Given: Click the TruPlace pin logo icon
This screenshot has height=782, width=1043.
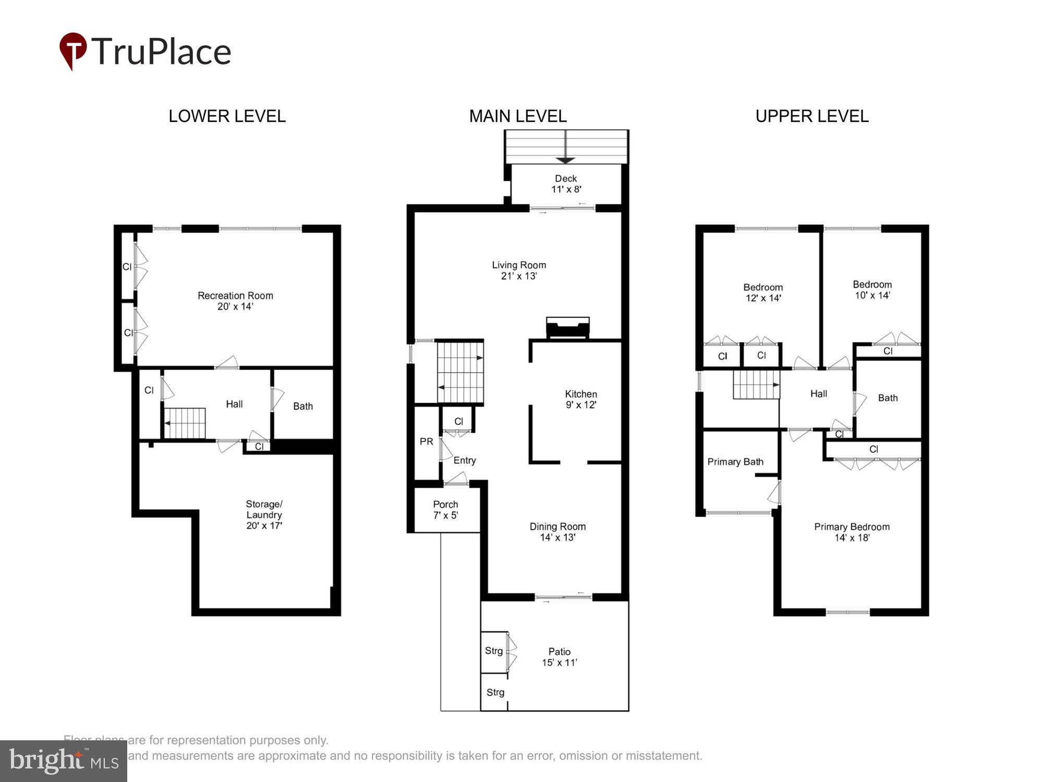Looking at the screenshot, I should pyautogui.click(x=72, y=50).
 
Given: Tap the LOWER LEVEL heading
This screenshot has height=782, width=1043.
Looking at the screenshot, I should pyautogui.click(x=227, y=116).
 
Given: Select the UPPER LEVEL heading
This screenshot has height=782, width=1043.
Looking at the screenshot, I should pyautogui.click(x=811, y=116).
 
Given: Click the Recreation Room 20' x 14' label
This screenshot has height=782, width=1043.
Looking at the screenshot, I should pyautogui.click(x=235, y=301).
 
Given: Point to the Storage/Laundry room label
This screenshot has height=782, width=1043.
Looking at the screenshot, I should pyautogui.click(x=264, y=515).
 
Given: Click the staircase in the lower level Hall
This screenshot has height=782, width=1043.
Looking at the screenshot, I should pyautogui.click(x=185, y=423).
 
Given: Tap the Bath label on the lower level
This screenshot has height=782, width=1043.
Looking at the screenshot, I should pyautogui.click(x=302, y=406).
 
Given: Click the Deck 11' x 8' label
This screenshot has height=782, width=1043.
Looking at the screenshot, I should pyautogui.click(x=566, y=184).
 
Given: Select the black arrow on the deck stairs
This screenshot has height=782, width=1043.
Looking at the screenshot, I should pyautogui.click(x=566, y=160).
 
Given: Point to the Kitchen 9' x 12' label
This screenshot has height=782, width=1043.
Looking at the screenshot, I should pyautogui.click(x=580, y=399).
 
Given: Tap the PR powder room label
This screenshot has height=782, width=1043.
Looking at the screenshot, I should pyautogui.click(x=426, y=442).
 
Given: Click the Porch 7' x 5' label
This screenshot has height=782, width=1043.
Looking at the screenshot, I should pyautogui.click(x=445, y=510).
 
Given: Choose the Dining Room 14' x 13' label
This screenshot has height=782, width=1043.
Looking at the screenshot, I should pyautogui.click(x=557, y=532).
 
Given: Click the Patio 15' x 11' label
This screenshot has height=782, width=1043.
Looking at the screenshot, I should pyautogui.click(x=559, y=657).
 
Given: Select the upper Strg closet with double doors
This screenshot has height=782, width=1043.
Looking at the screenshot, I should pyautogui.click(x=494, y=651).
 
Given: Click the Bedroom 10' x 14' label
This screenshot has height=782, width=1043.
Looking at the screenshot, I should pyautogui.click(x=872, y=290).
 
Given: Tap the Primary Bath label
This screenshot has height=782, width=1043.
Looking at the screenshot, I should pyautogui.click(x=735, y=462).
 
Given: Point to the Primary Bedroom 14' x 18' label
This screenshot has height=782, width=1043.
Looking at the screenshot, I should pyautogui.click(x=852, y=532).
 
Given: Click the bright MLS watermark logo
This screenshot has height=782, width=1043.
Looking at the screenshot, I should pyautogui.click(x=64, y=761).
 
